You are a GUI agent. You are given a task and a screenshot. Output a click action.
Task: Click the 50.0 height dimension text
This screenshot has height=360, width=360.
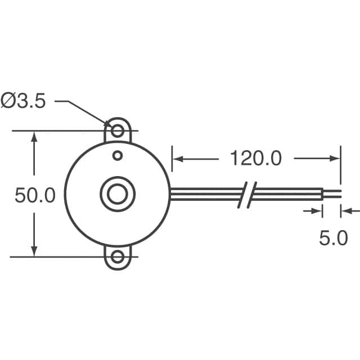35,196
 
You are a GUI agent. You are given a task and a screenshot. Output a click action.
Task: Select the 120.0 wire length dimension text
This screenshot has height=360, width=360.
255,159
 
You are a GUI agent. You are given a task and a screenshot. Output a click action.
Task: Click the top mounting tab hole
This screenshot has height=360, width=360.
118,132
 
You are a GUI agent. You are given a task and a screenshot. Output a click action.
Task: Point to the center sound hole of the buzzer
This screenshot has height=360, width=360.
118,194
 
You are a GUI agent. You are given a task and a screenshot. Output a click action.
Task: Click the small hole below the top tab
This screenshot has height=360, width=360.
118,155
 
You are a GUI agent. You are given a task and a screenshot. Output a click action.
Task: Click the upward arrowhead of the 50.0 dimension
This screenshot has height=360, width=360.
35,137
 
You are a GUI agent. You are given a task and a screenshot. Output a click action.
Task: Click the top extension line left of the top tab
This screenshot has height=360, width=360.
56,132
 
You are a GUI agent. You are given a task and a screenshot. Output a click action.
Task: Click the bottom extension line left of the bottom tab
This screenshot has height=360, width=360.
56,257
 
